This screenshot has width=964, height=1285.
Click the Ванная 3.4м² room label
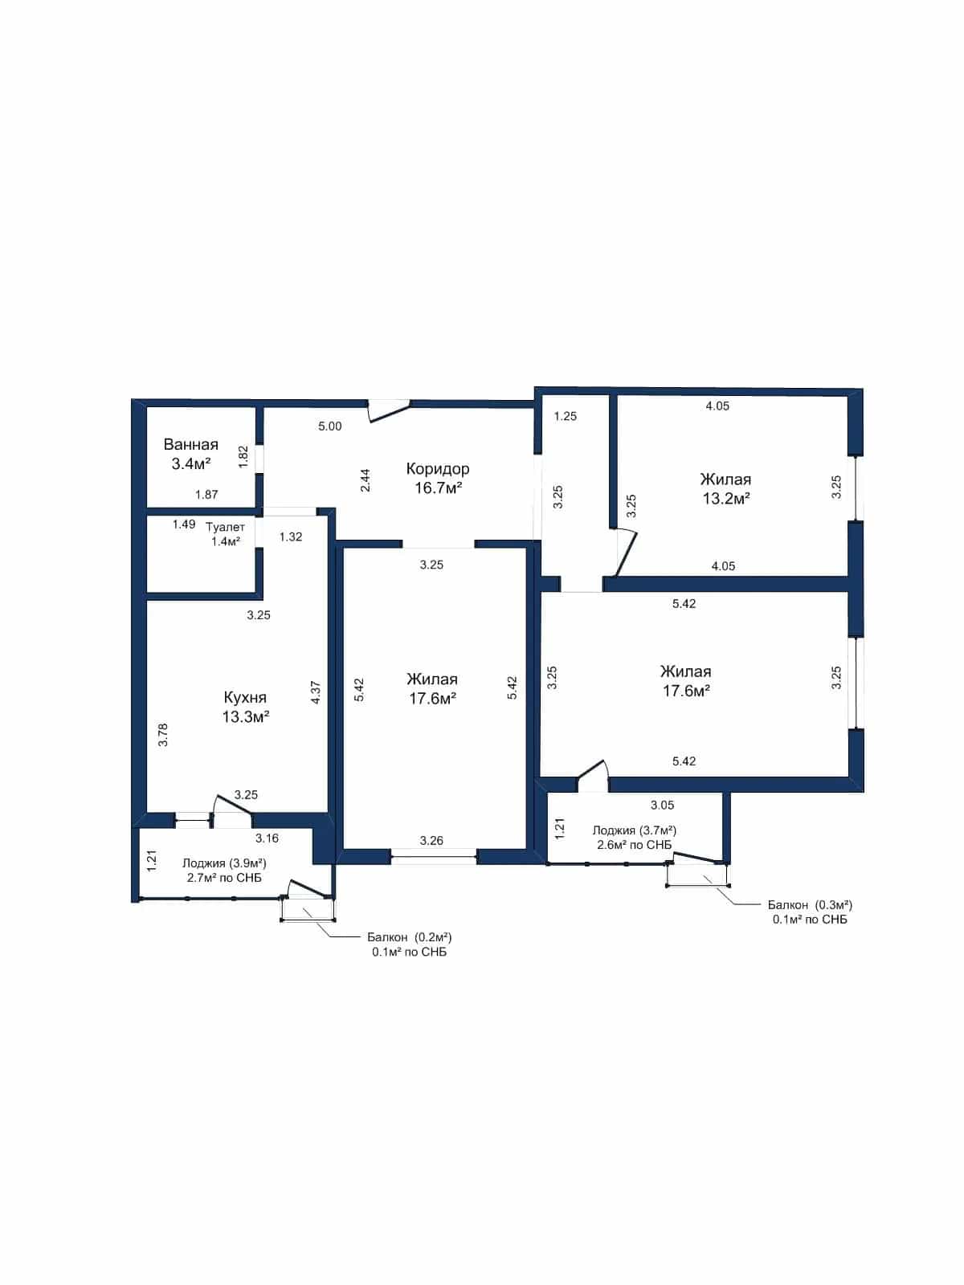191,455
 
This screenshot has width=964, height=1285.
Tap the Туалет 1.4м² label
226,534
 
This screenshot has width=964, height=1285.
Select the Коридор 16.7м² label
438,478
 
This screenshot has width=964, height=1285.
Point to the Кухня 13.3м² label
245,707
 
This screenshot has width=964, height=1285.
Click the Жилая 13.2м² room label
725,488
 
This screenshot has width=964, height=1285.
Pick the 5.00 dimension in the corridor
330,426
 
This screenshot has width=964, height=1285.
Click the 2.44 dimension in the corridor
365,480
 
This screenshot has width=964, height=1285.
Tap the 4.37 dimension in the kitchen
316,691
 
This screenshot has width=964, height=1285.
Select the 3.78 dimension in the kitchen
163,735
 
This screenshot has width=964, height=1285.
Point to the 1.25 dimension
566,416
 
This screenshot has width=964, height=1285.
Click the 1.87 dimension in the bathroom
206,495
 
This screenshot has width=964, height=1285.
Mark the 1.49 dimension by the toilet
184,524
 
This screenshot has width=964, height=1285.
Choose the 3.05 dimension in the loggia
663,805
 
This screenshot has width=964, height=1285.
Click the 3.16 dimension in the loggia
267,838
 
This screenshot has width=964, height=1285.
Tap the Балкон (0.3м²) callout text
810,904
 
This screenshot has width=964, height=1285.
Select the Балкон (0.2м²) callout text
410,937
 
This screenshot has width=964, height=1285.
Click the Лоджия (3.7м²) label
635,830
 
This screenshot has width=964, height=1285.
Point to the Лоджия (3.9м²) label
225,863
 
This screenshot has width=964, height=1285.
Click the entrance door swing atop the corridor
388,410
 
